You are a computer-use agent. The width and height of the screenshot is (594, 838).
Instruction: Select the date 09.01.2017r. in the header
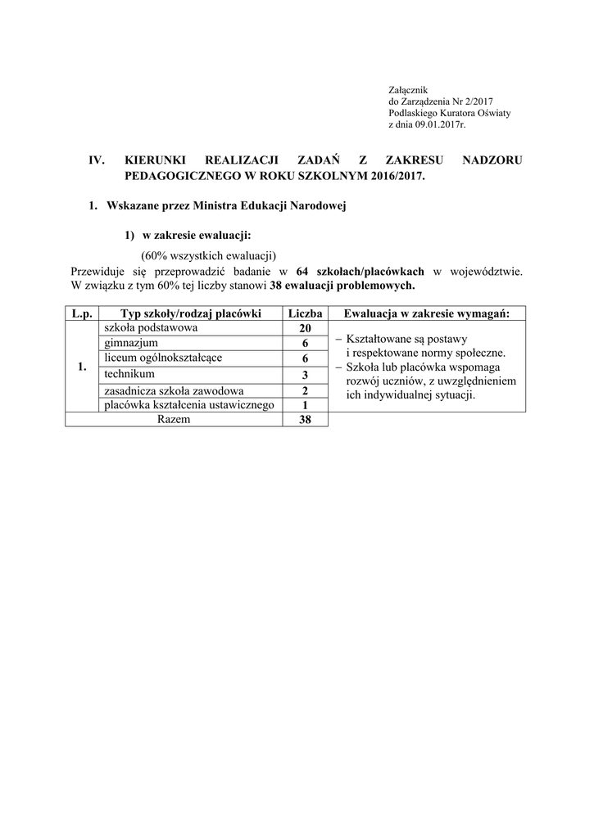tap(439, 125)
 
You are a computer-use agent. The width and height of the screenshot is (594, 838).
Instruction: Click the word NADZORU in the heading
tap(492, 160)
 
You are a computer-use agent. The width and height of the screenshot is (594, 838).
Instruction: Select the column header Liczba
tap(305, 313)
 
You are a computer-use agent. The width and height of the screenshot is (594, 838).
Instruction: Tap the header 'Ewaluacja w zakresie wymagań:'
tap(427, 313)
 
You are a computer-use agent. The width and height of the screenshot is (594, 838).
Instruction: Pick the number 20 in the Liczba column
tap(305, 329)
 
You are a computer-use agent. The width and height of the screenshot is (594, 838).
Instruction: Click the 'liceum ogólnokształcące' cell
tap(162, 358)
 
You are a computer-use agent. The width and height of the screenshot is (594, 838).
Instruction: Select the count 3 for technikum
tap(305, 375)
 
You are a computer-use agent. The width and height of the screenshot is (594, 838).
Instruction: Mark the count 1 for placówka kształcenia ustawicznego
tap(305, 405)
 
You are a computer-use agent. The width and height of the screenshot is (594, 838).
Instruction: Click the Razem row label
tap(173, 419)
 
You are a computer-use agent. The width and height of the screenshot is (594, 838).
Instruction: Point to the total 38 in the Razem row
tap(305, 420)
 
